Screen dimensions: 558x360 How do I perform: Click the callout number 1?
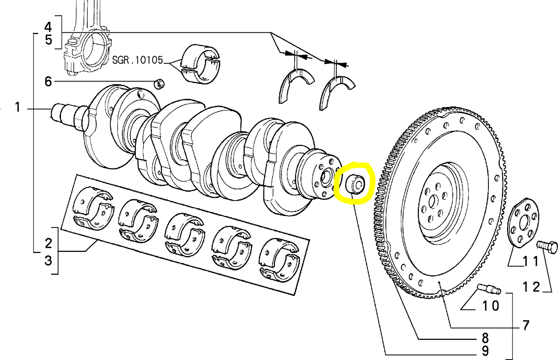tap(17, 107)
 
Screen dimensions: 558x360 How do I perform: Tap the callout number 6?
tap(48, 82)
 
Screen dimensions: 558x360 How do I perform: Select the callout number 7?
tap(526, 325)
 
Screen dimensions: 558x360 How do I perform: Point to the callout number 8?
tap(485, 338)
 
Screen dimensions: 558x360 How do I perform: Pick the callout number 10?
tap(491, 306)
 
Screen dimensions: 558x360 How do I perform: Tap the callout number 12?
tap(531, 287)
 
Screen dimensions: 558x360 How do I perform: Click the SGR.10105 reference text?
tap(137, 60)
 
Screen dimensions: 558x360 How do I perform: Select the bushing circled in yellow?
tap(355, 184)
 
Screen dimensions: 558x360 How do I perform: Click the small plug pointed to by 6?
tap(159, 84)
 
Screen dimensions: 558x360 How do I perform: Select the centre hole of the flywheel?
tap(433, 201)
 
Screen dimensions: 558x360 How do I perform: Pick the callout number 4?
tap(48, 27)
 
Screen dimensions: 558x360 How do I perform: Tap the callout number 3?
tap(48, 260)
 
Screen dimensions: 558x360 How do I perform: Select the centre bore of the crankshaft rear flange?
tap(326, 178)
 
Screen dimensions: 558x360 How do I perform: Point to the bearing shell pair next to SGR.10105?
tap(200, 64)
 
